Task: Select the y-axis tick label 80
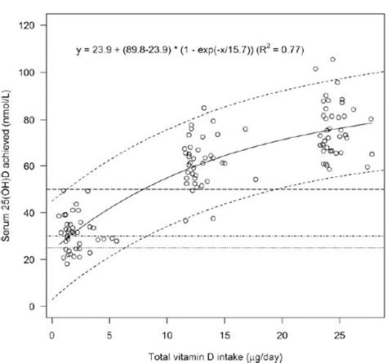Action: pyautogui.click(x=29, y=119)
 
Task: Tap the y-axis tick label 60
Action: pyautogui.click(x=29, y=166)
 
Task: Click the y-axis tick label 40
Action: pyautogui.click(x=29, y=213)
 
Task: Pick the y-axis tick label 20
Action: pyautogui.click(x=29, y=259)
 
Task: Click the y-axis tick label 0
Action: pyautogui.click(x=31, y=307)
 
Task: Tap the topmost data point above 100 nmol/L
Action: pyautogui.click(x=332, y=59)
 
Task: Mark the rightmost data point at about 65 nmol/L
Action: pyautogui.click(x=372, y=154)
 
